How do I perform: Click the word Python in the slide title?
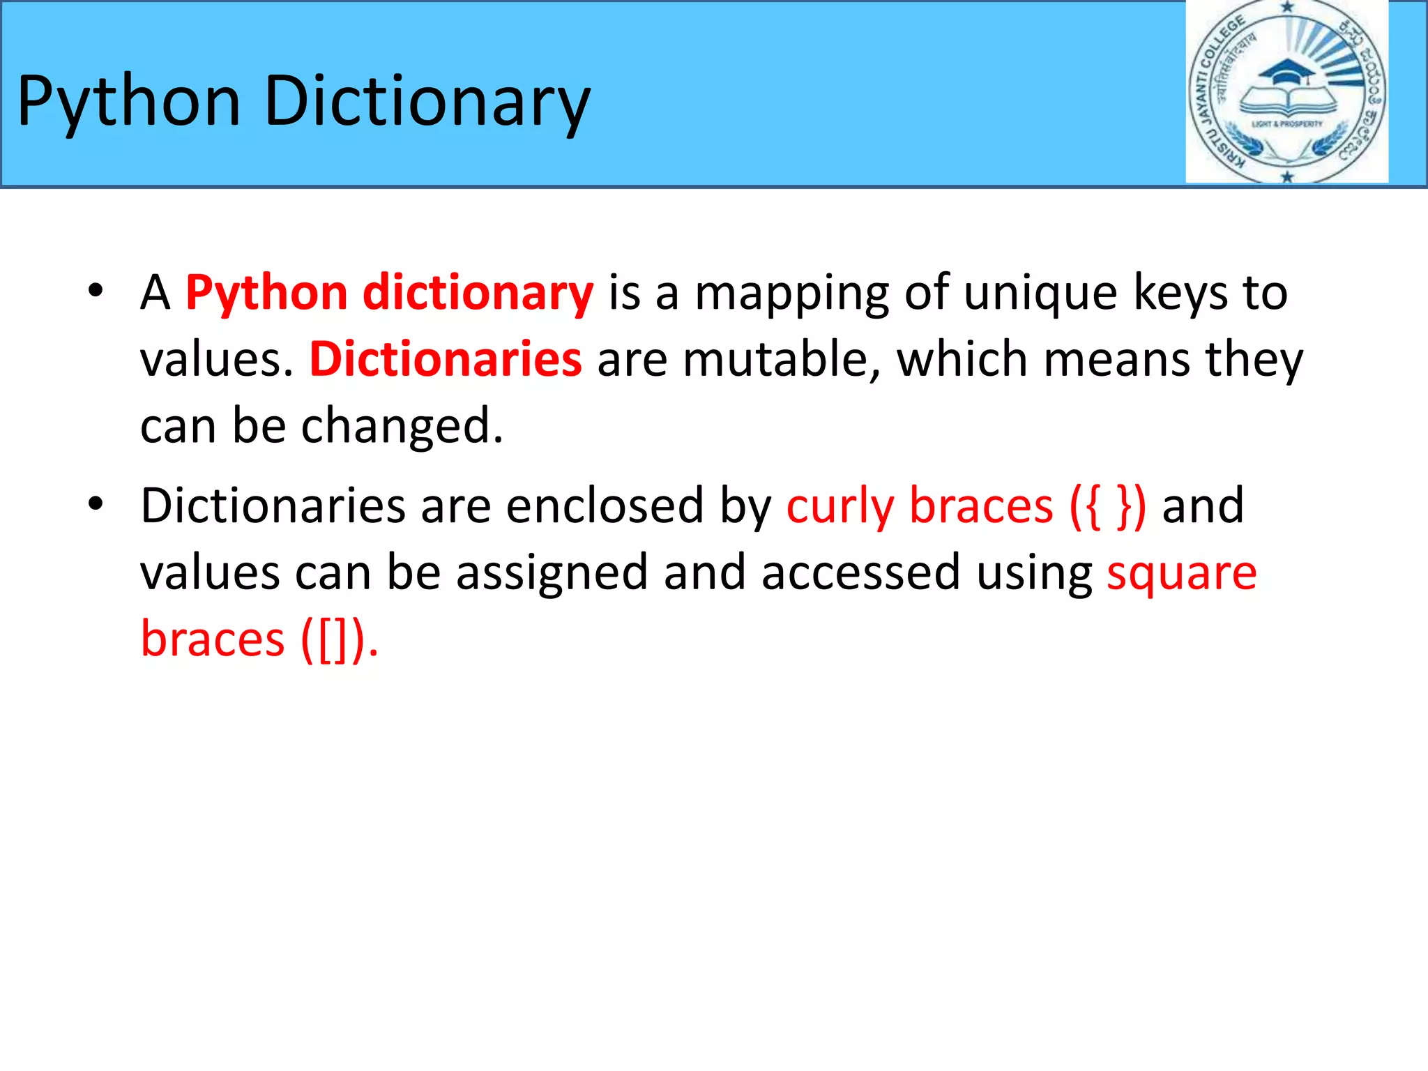point(129,103)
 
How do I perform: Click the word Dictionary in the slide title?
point(427,103)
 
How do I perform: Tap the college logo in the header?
point(1286,92)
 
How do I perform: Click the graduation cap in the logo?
point(1287,72)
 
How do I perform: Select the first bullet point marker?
point(96,290)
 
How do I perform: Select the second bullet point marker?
point(96,503)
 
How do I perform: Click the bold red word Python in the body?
point(266,293)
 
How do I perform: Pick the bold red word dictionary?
point(478,293)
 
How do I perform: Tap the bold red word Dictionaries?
point(446,360)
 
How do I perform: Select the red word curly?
point(840,506)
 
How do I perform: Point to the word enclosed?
point(605,506)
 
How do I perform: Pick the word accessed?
point(860,573)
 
